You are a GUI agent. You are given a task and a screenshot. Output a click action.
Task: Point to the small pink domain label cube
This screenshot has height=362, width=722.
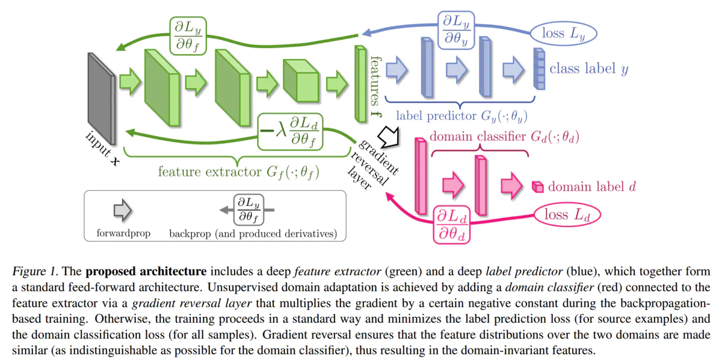click(x=538, y=187)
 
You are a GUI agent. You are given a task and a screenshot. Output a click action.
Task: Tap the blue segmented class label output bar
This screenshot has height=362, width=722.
click(x=538, y=69)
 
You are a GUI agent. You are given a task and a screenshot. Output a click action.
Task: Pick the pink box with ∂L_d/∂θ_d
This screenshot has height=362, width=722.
click(x=452, y=224)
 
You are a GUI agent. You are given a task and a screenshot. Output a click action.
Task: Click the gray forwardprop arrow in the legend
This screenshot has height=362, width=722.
click(x=123, y=210)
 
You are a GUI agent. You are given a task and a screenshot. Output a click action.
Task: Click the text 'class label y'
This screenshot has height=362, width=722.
click(x=588, y=69)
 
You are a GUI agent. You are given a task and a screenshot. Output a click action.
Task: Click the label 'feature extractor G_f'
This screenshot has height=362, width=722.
click(x=238, y=172)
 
